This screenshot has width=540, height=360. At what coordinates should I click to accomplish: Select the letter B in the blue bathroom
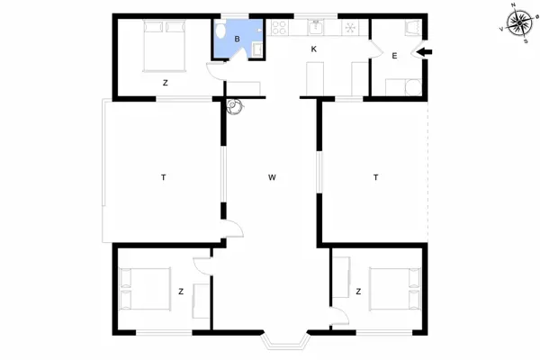pyautogui.click(x=237, y=39)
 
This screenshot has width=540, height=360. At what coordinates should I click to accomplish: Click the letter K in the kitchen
pyautogui.click(x=314, y=50)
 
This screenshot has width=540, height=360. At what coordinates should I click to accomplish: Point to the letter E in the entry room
pyautogui.click(x=394, y=56)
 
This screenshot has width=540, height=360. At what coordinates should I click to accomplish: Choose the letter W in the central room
pyautogui.click(x=271, y=177)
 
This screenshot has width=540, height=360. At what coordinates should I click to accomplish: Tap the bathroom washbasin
pyautogui.click(x=256, y=46)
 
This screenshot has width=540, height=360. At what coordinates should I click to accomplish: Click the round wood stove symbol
pyautogui.click(x=235, y=105)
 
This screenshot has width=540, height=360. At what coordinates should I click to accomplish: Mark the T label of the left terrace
pyautogui.click(x=163, y=177)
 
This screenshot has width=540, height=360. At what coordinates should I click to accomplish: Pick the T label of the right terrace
pyautogui.click(x=374, y=177)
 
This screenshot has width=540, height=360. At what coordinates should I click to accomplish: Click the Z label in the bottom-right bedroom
pyautogui.click(x=357, y=292)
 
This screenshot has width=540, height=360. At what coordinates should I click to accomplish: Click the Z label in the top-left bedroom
pyautogui.click(x=165, y=83)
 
